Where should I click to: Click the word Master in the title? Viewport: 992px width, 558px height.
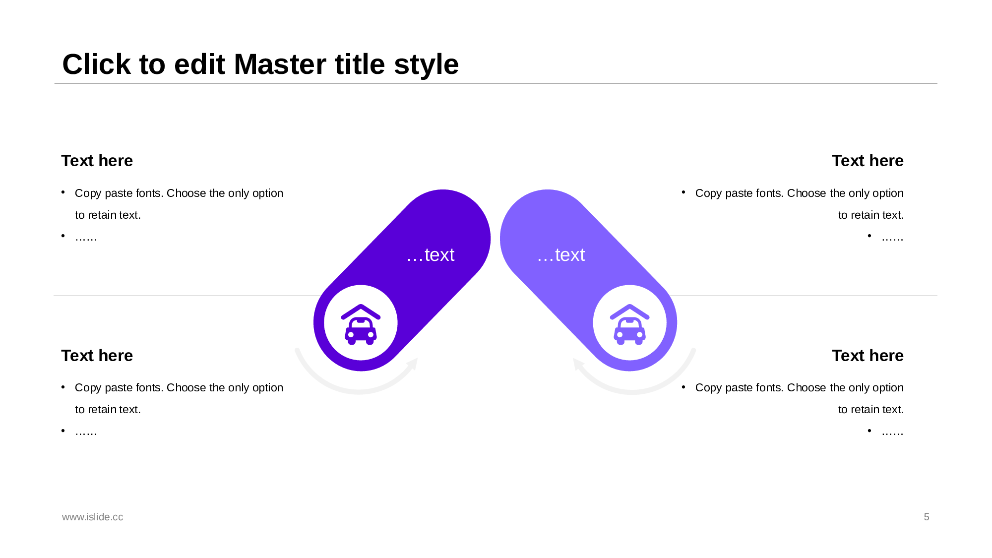(309, 64)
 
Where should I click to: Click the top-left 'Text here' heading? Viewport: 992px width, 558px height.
(97, 161)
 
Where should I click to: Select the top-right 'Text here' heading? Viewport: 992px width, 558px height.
(868, 161)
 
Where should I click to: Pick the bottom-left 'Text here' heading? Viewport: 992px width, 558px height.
(97, 356)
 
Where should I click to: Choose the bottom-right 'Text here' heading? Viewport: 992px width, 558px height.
(868, 356)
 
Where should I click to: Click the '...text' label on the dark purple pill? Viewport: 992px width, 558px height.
(431, 255)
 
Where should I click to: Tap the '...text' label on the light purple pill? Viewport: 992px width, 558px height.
(561, 255)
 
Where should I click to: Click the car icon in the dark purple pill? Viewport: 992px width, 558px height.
(361, 324)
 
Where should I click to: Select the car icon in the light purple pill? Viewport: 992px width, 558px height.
(629, 324)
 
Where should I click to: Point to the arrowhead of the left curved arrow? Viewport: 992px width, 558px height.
(413, 364)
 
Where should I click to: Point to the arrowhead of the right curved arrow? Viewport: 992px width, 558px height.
(578, 365)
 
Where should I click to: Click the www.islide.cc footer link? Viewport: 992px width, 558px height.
(93, 517)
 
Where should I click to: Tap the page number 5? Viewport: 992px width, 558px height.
(927, 517)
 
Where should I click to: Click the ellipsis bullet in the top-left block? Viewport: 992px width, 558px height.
(86, 238)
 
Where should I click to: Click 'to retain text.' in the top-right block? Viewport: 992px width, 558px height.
(871, 215)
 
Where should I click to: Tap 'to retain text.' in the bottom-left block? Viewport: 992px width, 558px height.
(108, 410)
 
